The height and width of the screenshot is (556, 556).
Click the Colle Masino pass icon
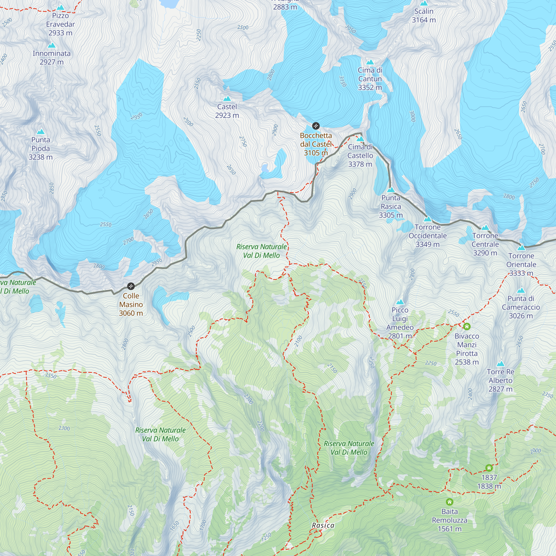click(131, 286)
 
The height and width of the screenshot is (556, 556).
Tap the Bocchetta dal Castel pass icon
click(316, 126)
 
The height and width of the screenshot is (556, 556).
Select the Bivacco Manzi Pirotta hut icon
click(467, 326)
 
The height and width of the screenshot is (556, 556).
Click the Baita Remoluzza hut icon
click(450, 502)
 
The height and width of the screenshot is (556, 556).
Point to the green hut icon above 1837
click(489, 468)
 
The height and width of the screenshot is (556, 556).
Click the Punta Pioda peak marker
click(41, 132)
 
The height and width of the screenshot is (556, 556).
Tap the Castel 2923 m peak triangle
click(227, 99)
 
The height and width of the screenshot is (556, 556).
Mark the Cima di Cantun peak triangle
click(370, 62)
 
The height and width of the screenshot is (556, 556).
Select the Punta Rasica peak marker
click(391, 190)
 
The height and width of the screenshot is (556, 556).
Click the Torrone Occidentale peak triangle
click(428, 219)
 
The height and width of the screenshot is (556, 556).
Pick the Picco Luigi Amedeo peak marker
click(400, 302)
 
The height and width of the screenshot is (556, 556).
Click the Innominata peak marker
click(51, 46)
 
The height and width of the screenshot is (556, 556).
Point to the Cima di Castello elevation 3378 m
click(360, 164)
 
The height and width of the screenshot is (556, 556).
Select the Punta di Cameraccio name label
click(521, 303)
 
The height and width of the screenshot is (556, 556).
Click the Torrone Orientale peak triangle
click(521, 248)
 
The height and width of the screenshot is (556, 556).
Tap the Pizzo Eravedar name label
click(60, 20)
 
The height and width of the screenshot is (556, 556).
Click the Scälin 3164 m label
click(424, 16)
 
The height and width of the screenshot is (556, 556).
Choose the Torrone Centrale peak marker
click(485, 228)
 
